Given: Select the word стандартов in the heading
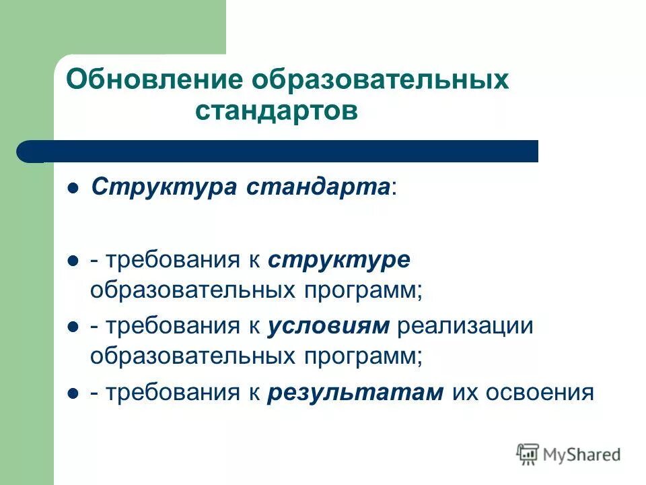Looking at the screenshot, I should tap(277, 111).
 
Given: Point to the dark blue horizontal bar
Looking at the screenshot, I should tap(283, 152).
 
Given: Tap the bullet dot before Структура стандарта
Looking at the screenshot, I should tap(74, 188).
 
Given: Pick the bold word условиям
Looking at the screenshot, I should tap(328, 326).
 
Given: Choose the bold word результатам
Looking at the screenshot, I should tap(355, 392).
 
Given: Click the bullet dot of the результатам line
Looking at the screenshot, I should tap(74, 393).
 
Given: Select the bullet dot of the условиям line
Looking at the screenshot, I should tap(74, 327).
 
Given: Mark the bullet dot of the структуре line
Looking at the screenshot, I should tap(74, 261).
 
